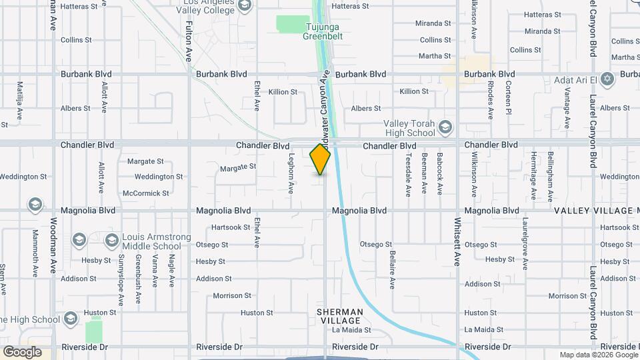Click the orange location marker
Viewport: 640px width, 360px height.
320,159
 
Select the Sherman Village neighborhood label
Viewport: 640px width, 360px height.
340,316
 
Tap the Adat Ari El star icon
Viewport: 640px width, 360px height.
606,80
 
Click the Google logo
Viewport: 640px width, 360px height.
22,351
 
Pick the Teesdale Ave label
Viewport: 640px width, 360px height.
408,175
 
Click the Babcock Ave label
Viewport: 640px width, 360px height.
440,173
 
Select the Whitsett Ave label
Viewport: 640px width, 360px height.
458,241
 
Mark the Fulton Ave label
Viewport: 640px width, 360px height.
189,41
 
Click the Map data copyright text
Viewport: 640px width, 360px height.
598,355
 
